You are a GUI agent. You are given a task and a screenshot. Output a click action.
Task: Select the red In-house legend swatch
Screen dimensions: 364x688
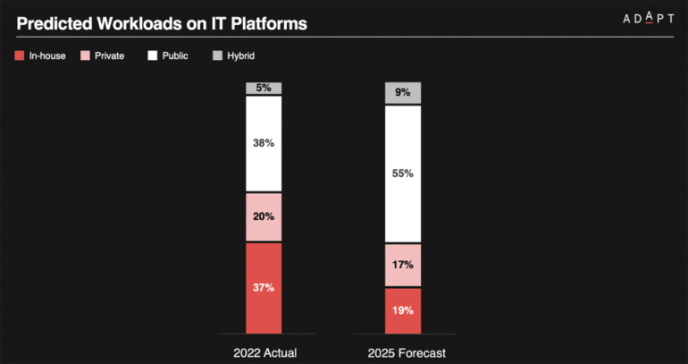(x=21, y=55)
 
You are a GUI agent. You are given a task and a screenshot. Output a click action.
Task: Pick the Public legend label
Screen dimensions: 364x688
(x=174, y=55)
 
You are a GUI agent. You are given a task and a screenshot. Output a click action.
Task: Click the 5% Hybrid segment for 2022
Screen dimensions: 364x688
(x=264, y=88)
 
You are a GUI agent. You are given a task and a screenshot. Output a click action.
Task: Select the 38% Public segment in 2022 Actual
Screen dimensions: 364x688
(x=264, y=143)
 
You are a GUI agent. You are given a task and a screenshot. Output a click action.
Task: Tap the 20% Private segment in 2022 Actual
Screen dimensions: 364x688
(x=264, y=216)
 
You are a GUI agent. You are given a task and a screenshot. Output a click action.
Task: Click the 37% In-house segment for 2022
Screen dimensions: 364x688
(x=264, y=287)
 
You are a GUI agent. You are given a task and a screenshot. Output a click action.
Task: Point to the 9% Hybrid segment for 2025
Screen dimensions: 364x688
(x=402, y=92)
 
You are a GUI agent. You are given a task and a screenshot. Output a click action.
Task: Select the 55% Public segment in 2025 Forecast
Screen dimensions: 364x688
(x=402, y=174)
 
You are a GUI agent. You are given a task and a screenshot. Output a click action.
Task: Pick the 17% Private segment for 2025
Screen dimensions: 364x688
(x=402, y=265)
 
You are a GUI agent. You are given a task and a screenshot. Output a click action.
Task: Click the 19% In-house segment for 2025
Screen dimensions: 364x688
(x=402, y=310)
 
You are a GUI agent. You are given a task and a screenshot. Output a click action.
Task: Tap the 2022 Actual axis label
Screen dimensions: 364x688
(x=264, y=352)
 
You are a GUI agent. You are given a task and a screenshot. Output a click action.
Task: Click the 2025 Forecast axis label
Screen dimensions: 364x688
(x=402, y=352)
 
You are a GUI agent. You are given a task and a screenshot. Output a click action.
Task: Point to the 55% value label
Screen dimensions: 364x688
(x=402, y=174)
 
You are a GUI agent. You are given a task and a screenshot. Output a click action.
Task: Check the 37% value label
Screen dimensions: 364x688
(x=264, y=287)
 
